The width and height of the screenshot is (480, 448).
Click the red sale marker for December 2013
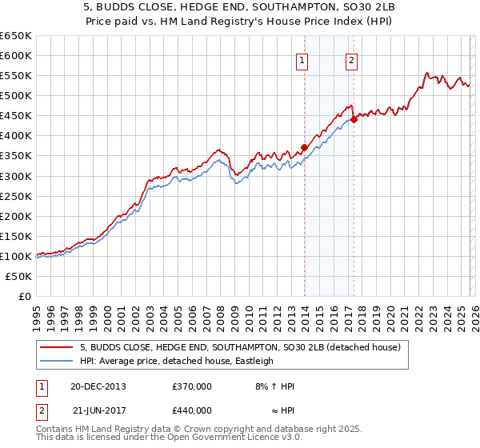point(304,147)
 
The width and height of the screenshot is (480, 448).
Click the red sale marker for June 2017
point(354,119)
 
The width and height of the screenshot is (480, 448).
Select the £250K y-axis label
point(16,196)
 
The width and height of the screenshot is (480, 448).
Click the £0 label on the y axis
point(24,296)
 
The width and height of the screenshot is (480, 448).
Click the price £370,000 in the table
point(191,386)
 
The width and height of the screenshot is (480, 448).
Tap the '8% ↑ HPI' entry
point(274,386)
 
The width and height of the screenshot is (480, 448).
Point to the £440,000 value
point(191,410)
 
